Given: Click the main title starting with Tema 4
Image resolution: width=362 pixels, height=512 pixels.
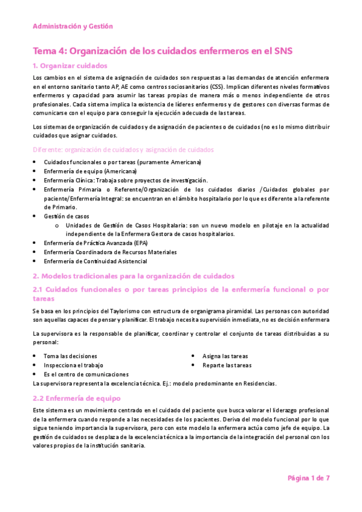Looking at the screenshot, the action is pos(163,51).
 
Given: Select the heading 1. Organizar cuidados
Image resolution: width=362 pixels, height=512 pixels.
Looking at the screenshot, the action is pos(70,66).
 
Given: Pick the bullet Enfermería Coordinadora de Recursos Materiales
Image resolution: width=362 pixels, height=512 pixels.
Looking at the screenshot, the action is pos(110,252).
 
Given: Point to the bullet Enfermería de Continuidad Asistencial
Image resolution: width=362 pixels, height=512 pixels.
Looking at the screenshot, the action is pos(95,261).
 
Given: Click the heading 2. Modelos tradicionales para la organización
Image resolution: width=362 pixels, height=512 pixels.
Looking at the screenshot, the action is pos(133,275).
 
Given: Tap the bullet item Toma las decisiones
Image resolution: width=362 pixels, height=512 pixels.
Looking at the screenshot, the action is pos(70,356).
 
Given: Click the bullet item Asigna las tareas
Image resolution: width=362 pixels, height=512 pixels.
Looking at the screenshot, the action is pos(225,356).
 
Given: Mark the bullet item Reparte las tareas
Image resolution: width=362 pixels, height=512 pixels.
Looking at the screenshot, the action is pos(227,365).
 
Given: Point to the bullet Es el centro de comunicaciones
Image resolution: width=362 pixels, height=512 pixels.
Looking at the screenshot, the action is pos(86,374).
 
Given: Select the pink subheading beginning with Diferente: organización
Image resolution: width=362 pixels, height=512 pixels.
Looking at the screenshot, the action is pos(122,150).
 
